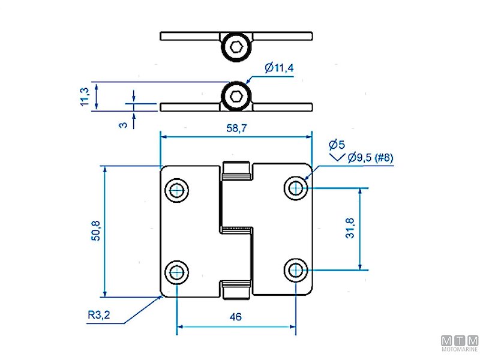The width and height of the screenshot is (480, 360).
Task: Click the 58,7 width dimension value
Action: [236, 128]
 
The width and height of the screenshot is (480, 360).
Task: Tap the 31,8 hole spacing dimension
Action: [350, 228]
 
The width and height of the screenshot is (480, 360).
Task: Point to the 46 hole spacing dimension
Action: [236, 317]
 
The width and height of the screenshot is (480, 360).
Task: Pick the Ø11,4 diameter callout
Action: [279, 68]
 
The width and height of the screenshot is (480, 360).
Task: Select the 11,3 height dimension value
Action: [85, 97]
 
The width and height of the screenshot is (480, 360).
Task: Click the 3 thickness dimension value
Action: [123, 124]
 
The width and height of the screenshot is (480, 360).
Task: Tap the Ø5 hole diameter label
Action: [337, 144]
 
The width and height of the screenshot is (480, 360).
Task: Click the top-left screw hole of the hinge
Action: [177, 190]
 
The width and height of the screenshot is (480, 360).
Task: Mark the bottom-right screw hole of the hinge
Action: [295, 271]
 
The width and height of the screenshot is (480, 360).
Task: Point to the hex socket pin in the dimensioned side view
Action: [236, 96]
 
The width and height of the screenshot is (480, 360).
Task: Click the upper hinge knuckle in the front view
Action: [236, 171]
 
